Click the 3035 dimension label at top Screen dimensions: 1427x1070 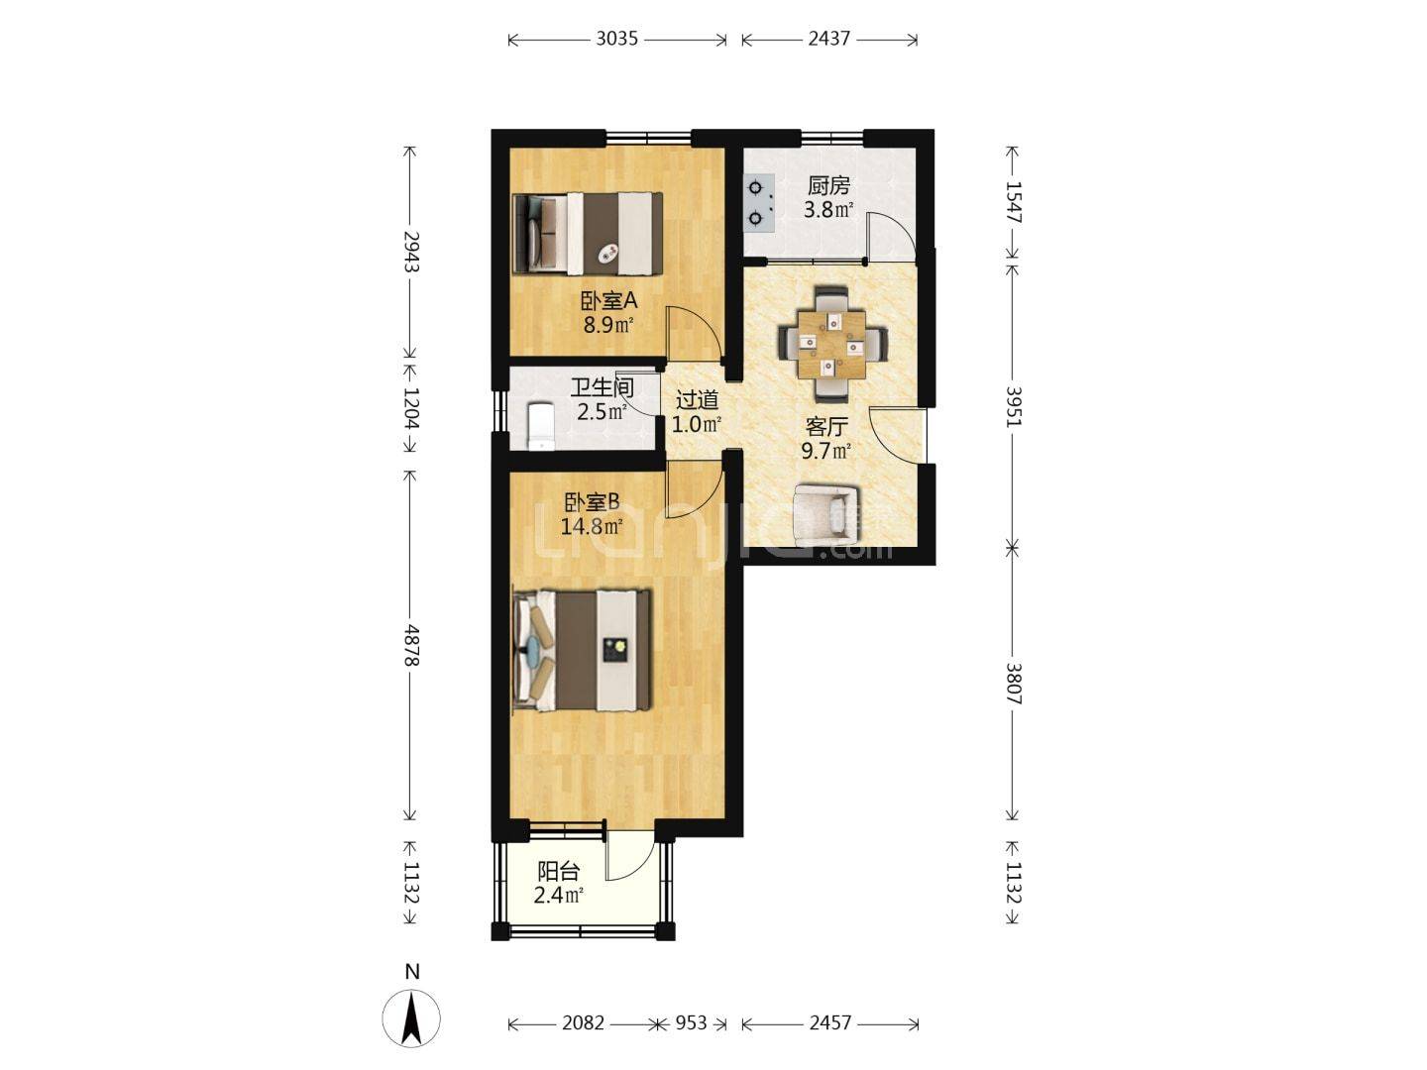click(x=616, y=39)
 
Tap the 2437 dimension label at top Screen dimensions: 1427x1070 click(x=828, y=39)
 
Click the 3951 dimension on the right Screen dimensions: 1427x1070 click(x=1013, y=406)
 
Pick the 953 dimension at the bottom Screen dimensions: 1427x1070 click(x=691, y=1023)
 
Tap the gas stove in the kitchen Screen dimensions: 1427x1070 click(x=759, y=203)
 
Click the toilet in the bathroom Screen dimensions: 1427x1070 click(x=540, y=426)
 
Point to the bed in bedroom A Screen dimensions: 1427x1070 click(x=588, y=233)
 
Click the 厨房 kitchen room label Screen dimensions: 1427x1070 click(x=828, y=186)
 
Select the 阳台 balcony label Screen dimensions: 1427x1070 click(x=558, y=872)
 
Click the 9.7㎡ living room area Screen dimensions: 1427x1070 click(x=825, y=451)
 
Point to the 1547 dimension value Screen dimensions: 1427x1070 click(x=1013, y=202)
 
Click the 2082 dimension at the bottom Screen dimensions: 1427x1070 click(x=583, y=1023)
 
